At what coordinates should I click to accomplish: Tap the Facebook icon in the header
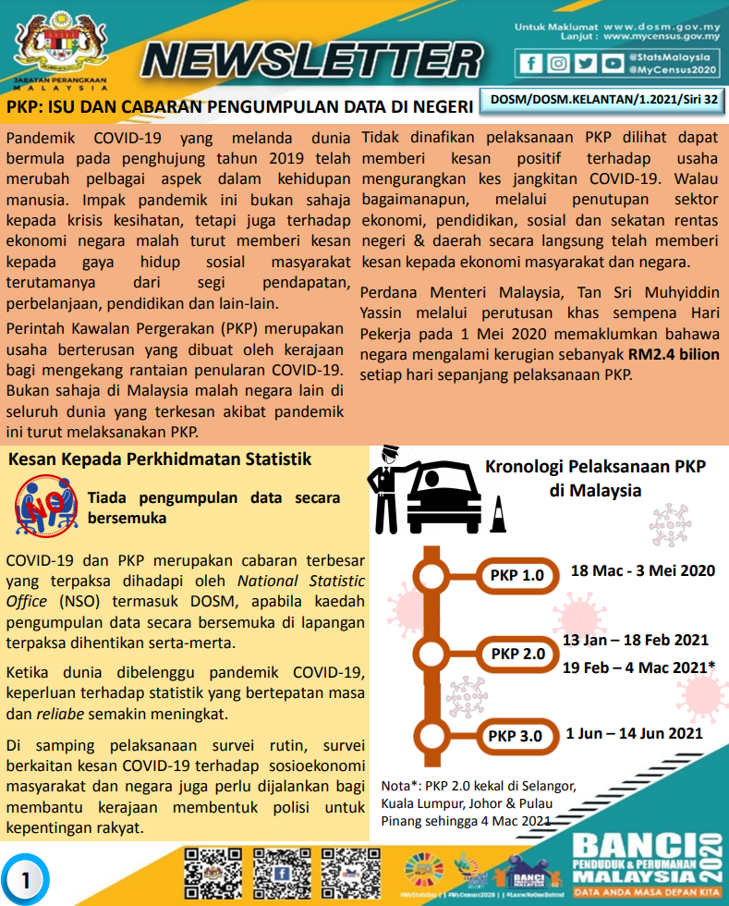pyautogui.click(x=530, y=63)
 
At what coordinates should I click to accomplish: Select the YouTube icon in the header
pyautogui.click(x=612, y=63)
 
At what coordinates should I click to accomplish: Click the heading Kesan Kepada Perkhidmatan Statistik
pyautogui.click(x=159, y=459)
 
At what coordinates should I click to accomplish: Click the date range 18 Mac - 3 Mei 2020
pyautogui.click(x=642, y=570)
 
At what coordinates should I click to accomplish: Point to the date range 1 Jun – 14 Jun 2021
pyautogui.click(x=634, y=733)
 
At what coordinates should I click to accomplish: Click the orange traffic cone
pyautogui.click(x=498, y=515)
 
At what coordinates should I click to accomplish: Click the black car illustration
pyautogui.click(x=443, y=500)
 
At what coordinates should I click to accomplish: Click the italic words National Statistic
pyautogui.click(x=301, y=581)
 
